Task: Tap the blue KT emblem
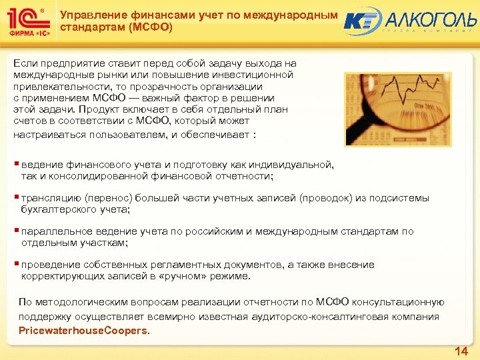coord(363,21)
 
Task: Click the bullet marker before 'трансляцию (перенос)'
coord(17,198)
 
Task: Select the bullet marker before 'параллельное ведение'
coord(17,231)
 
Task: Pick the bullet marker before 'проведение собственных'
coord(17,265)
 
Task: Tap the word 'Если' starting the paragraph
coord(23,62)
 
